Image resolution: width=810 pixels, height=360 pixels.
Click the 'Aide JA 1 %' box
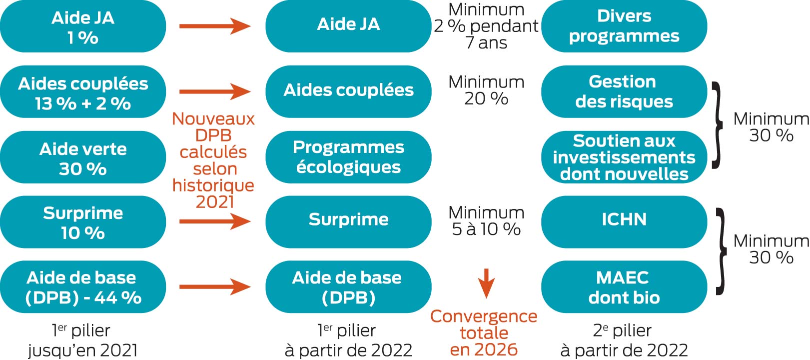[x=83, y=26]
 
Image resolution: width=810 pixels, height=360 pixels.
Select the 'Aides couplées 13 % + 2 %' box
[x=83, y=91]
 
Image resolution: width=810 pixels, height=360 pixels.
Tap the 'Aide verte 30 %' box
[x=83, y=157]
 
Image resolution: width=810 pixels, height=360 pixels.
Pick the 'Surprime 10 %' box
[x=83, y=222]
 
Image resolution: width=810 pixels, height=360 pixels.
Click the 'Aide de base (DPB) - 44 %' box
[x=83, y=287]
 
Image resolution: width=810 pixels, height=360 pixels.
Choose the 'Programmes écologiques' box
[x=349, y=157]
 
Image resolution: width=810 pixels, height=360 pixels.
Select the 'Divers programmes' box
[x=624, y=26]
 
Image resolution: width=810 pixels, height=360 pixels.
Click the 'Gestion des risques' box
[x=624, y=91]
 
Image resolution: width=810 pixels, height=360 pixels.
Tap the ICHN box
[x=624, y=222]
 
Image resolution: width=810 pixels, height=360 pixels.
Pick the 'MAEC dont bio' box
[x=624, y=287]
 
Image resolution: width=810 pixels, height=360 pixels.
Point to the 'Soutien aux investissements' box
[x=624, y=157]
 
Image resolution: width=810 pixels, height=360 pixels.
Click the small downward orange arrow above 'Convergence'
[x=486, y=283]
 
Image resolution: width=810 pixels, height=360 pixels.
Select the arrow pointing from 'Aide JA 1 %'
[x=215, y=26]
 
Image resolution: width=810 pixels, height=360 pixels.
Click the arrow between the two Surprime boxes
[x=215, y=221]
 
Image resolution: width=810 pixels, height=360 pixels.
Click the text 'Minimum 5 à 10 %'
[x=486, y=220]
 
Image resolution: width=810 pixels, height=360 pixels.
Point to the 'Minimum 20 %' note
[x=486, y=90]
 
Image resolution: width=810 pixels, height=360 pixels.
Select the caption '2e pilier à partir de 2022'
[x=624, y=340]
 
